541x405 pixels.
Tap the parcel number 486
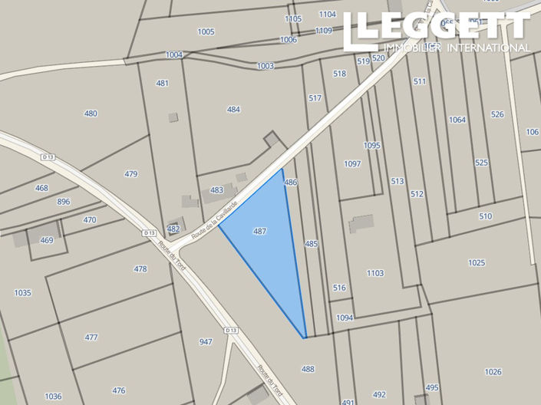[x=290, y=183]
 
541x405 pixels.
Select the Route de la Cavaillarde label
[x=216, y=219]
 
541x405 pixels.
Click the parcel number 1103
[x=375, y=273]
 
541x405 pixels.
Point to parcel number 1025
[x=477, y=263]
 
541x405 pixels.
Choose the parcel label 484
[x=233, y=110]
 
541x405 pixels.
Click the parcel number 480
[x=91, y=114]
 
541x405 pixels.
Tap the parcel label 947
[x=206, y=341]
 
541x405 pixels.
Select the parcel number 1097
[x=352, y=164]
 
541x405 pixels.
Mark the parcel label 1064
[x=457, y=120]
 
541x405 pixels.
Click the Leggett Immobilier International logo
[x=436, y=31]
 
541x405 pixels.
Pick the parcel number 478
[x=140, y=269]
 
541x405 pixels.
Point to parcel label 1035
[x=22, y=292]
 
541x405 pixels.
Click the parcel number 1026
[x=493, y=372]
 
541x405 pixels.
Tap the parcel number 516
[x=340, y=288]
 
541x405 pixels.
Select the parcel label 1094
[x=345, y=318]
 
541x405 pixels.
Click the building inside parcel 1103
[x=361, y=224]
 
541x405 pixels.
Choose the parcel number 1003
[x=266, y=66]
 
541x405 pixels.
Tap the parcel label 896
[x=64, y=202]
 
